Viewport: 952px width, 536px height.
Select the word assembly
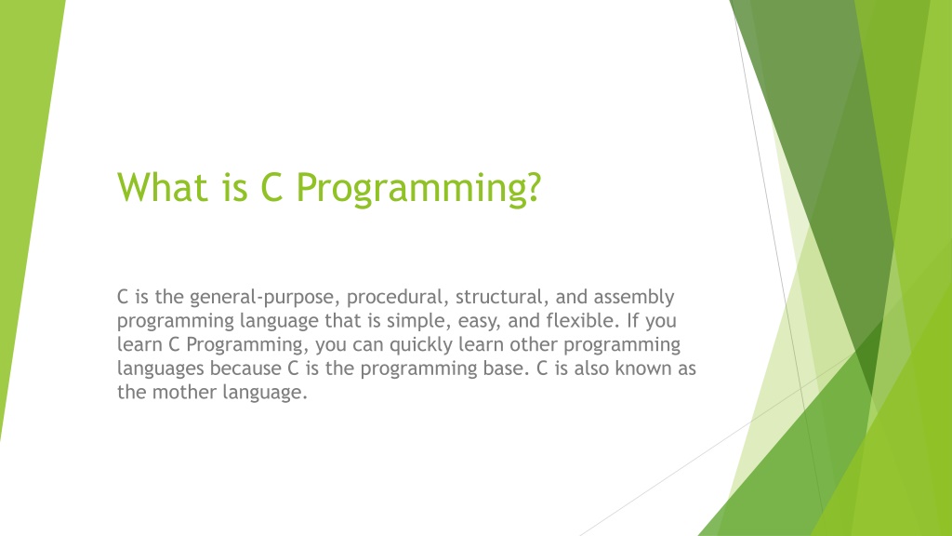pyautogui.click(x=634, y=298)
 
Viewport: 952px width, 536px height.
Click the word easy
pyautogui.click(x=479, y=322)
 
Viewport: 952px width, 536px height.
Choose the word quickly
pyautogui.click(x=420, y=345)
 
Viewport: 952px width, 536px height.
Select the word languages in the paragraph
pyautogui.click(x=160, y=368)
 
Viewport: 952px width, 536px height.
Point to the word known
pyautogui.click(x=641, y=368)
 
